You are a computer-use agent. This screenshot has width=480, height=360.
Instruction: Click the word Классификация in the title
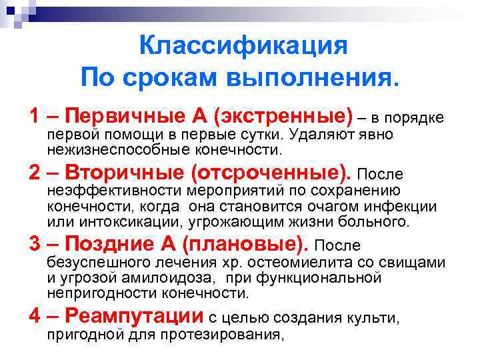243,47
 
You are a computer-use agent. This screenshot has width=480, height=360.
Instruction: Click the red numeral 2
36,173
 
